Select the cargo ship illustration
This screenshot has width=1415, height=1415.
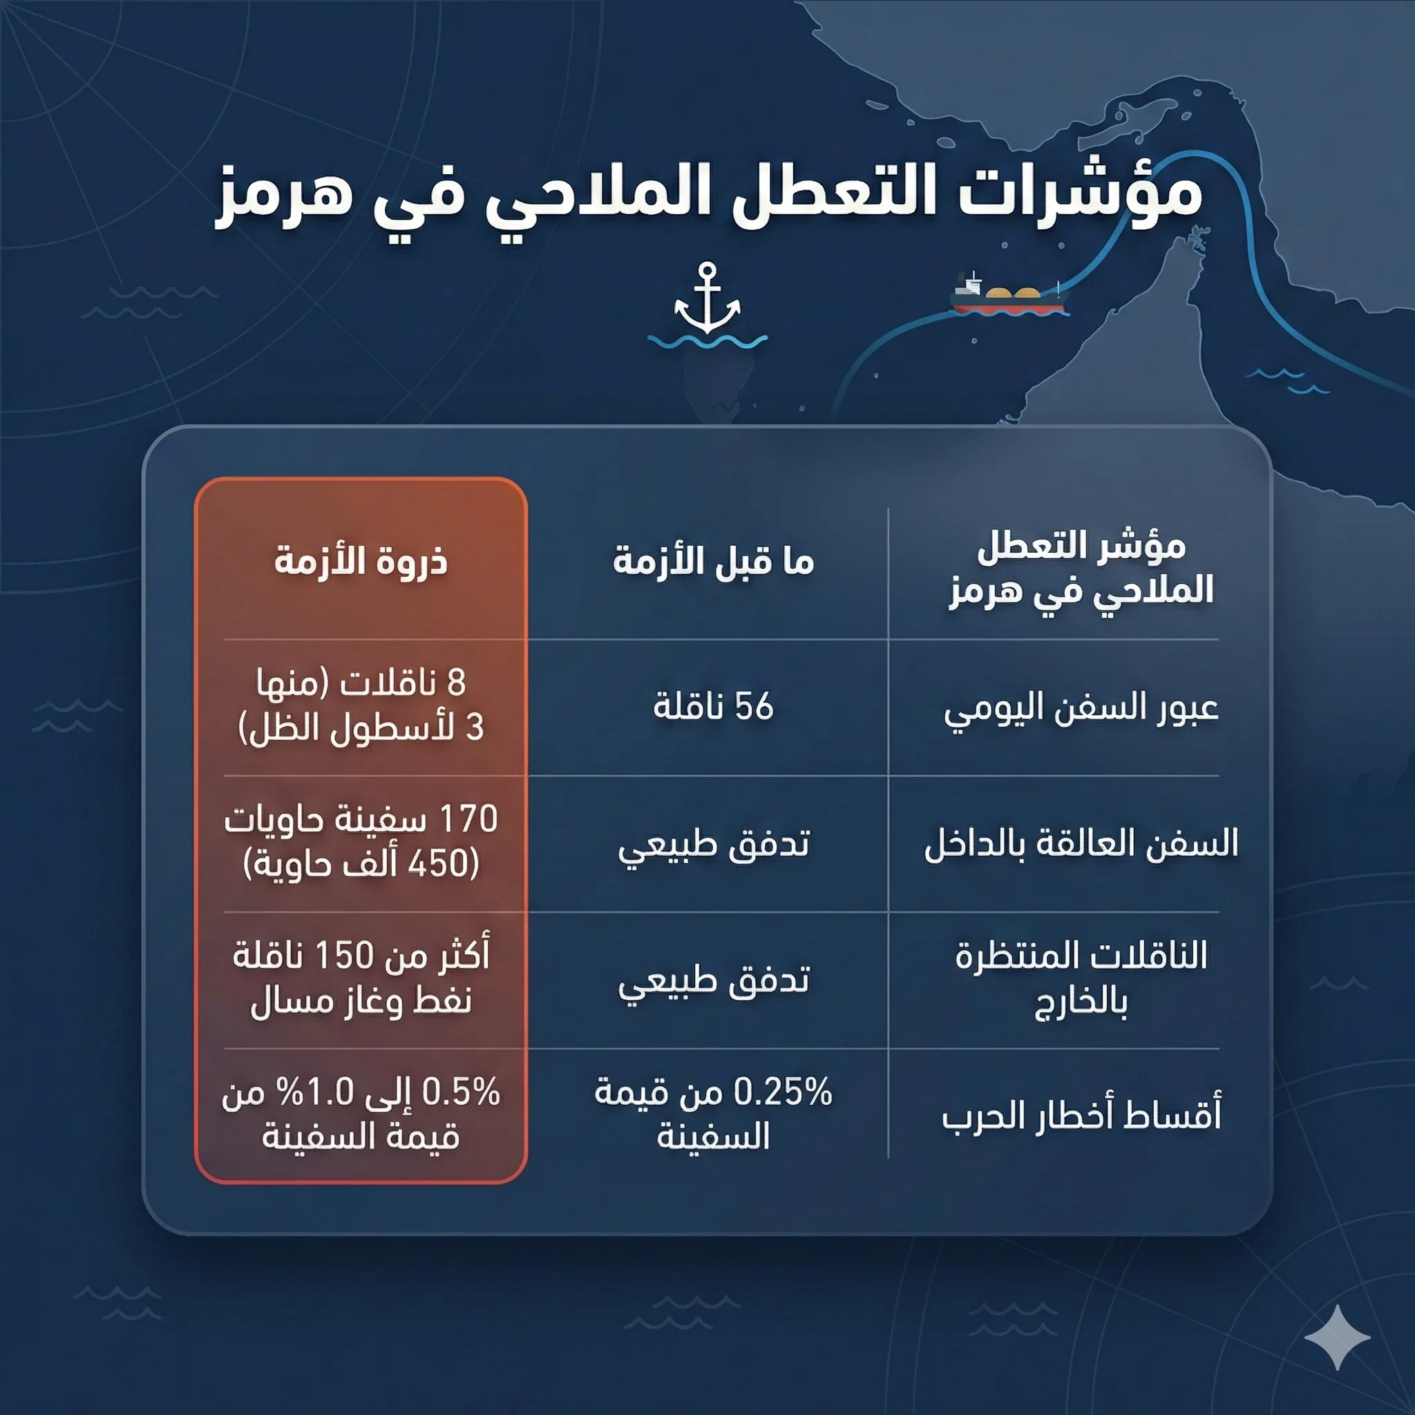1009,294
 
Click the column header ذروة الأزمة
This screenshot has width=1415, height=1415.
361,562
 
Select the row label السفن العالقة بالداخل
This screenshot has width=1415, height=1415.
1081,844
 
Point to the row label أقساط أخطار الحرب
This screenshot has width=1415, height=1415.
1081,1117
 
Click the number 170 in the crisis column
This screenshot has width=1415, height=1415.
468,819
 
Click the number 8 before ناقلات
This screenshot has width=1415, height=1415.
456,683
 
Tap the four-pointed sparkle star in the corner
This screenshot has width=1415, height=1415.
1337,1337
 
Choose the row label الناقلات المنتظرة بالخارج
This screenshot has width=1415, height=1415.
1081,978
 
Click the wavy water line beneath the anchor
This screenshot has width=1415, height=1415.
707,342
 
